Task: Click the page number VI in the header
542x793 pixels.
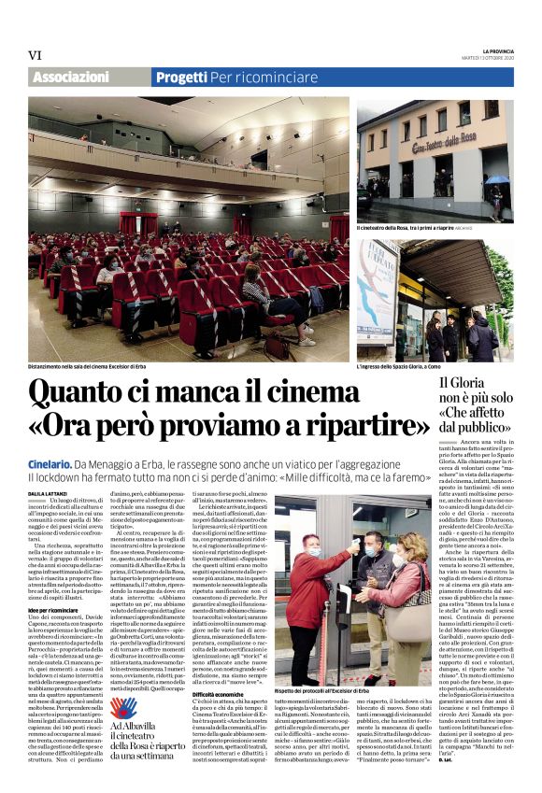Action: tap(35, 54)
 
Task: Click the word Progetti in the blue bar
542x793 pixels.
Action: tap(181, 77)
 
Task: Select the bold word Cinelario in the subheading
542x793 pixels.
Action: tap(50, 463)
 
